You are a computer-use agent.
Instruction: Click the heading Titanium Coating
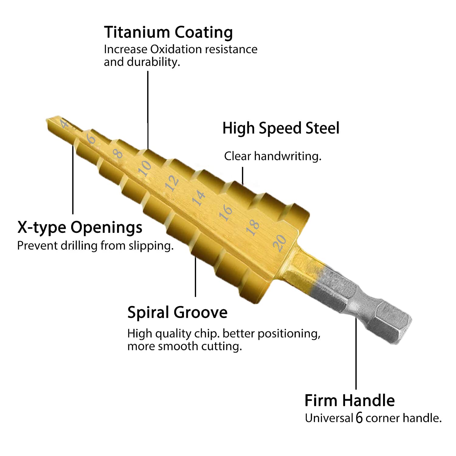pos(168,33)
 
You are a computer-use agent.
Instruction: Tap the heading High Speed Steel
pos(281,128)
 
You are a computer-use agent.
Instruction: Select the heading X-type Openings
pos(80,227)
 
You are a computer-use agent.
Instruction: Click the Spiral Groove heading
pos(177,313)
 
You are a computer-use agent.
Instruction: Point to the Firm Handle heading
pos(350,400)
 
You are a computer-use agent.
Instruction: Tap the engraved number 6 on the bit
pos(91,139)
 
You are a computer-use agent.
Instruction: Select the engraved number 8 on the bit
pos(118,154)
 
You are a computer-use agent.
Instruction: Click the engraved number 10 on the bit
pos(144,168)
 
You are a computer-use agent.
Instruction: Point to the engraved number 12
pos(172,183)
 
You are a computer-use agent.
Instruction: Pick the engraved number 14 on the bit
pos(199,198)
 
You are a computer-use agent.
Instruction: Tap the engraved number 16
pos(226,212)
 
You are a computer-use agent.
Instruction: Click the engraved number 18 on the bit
pos(253,227)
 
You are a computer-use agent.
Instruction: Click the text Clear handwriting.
pos(273,156)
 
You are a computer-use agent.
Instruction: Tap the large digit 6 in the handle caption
pos(359,418)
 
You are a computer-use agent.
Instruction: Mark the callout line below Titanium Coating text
pos(148,110)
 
